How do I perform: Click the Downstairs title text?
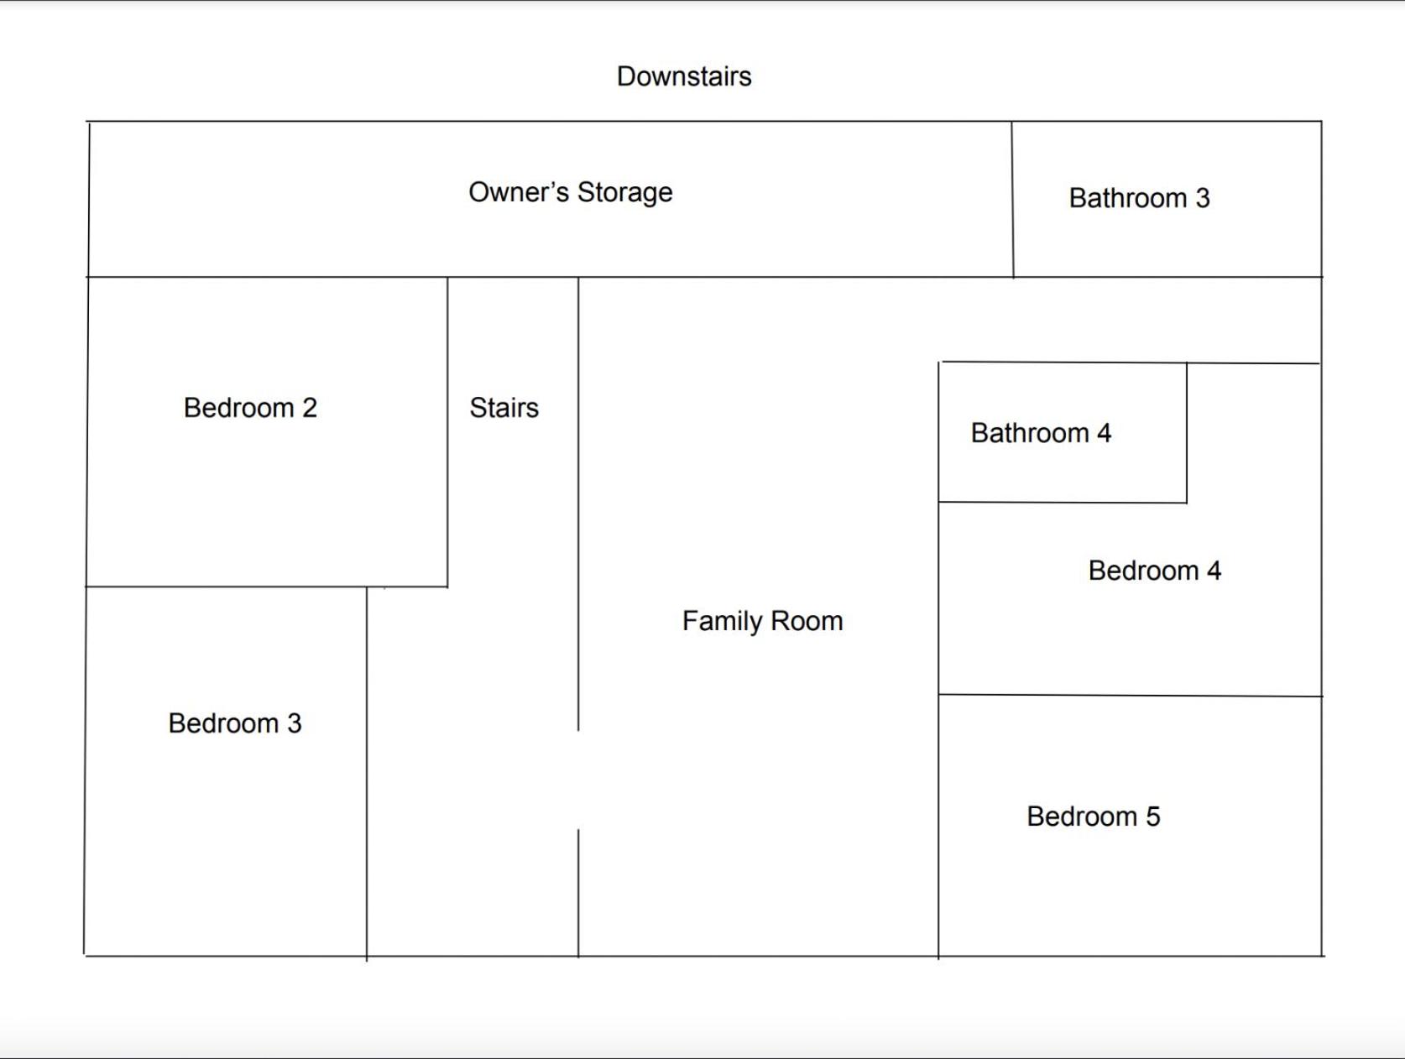click(684, 76)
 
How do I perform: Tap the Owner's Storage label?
click(571, 193)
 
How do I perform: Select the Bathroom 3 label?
click(1140, 198)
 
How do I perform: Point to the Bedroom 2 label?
click(250, 408)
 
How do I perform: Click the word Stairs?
click(504, 408)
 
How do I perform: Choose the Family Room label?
click(762, 621)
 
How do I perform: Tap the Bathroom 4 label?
click(1041, 433)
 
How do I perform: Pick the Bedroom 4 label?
click(1155, 571)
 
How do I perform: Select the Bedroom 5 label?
click(1094, 816)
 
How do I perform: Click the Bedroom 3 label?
click(235, 723)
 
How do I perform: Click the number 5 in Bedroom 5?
click(1153, 816)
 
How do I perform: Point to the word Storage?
click(624, 193)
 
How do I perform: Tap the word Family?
click(721, 621)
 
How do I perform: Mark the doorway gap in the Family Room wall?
click(578, 780)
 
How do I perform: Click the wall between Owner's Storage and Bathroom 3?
click(1013, 199)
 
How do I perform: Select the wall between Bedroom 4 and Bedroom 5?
click(1131, 695)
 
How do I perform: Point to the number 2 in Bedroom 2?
click(311, 408)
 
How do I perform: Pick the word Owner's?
click(520, 192)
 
